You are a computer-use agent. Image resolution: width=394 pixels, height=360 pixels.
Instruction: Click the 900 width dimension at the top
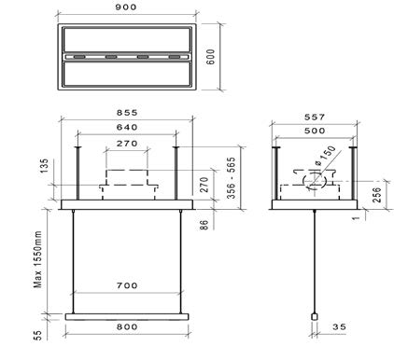[126, 7]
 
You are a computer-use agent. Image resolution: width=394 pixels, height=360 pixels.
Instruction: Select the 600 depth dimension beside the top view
[211, 57]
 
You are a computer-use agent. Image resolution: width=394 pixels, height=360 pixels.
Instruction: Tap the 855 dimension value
[127, 113]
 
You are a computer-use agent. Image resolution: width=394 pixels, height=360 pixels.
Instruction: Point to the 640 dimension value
[127, 127]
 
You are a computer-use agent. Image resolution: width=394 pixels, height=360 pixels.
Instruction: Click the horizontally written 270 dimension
[127, 144]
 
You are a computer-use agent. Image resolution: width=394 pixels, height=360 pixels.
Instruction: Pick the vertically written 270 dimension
[204, 185]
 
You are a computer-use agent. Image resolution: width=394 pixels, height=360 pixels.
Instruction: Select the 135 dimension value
[44, 166]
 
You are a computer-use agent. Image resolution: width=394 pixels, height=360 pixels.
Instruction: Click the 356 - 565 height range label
[231, 178]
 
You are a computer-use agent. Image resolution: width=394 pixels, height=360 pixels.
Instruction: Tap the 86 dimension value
[203, 225]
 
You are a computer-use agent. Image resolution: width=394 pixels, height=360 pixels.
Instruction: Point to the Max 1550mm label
[37, 259]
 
